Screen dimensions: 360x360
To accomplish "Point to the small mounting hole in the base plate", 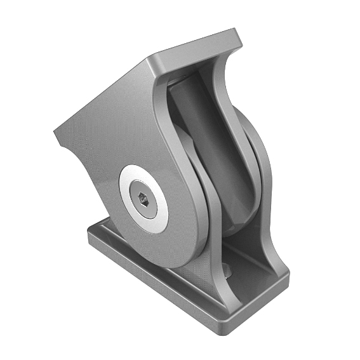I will [228, 271].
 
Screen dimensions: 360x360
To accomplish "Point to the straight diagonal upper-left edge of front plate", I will [102, 95].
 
